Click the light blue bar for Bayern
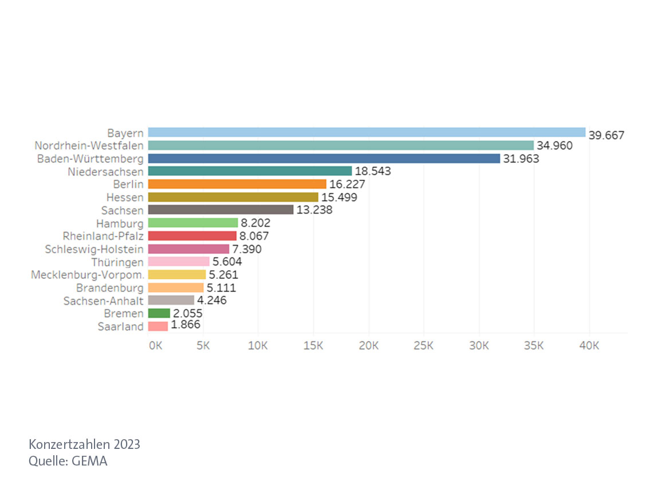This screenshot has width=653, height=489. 367,132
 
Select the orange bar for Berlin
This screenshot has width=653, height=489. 237,184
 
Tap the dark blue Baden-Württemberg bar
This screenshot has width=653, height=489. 324,158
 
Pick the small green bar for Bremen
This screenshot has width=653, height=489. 159,313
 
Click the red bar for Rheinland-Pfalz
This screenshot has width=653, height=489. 192,236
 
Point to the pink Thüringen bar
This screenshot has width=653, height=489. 179,262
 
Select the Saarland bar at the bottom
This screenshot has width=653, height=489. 158,326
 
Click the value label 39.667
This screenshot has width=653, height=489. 606,136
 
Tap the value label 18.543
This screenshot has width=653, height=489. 373,171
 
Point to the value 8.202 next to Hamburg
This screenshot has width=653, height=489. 255,223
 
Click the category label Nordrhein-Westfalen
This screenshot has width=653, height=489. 89,145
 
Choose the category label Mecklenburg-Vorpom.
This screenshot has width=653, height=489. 87,275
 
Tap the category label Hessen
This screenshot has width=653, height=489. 129,197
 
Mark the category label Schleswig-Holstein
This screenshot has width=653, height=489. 95,249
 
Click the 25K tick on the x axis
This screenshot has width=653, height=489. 423,346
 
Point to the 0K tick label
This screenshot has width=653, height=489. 155,346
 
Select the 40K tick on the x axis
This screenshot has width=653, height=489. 589,346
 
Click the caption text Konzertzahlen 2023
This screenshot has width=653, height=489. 84,444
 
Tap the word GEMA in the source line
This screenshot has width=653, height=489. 89,460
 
